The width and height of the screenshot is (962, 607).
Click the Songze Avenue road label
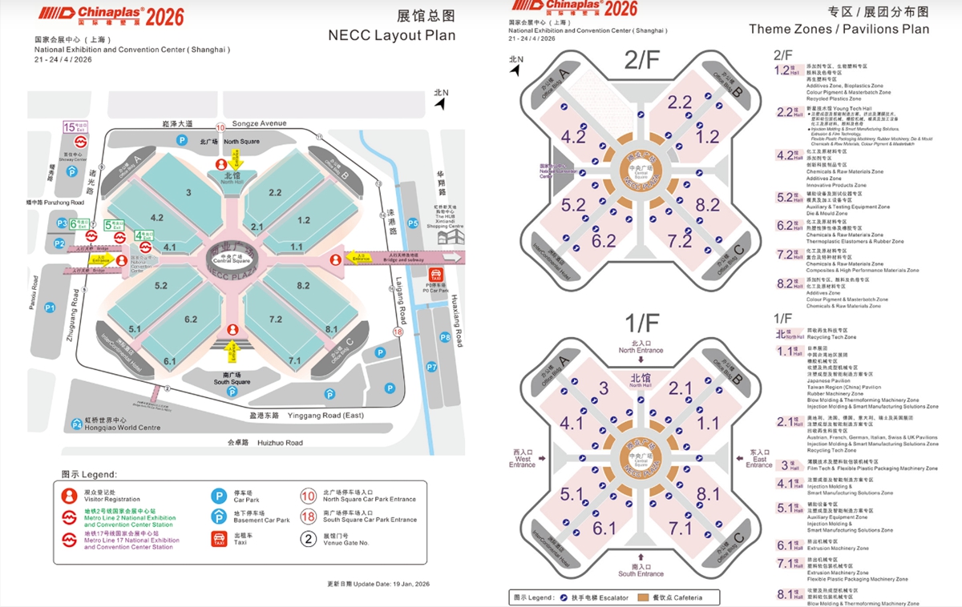point(259,124)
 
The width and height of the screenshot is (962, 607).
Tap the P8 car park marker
point(445,338)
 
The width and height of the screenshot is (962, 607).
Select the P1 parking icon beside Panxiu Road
point(50,307)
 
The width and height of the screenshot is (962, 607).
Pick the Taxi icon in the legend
point(218,539)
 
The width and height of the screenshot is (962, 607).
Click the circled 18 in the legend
point(308,517)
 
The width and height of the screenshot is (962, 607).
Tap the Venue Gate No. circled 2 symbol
point(308,539)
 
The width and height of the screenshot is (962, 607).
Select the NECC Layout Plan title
point(391,35)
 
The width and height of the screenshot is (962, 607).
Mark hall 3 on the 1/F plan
point(604,389)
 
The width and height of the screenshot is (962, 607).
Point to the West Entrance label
point(522,459)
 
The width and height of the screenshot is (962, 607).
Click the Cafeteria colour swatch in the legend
point(643,598)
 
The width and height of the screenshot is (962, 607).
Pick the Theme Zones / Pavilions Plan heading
point(839,29)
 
